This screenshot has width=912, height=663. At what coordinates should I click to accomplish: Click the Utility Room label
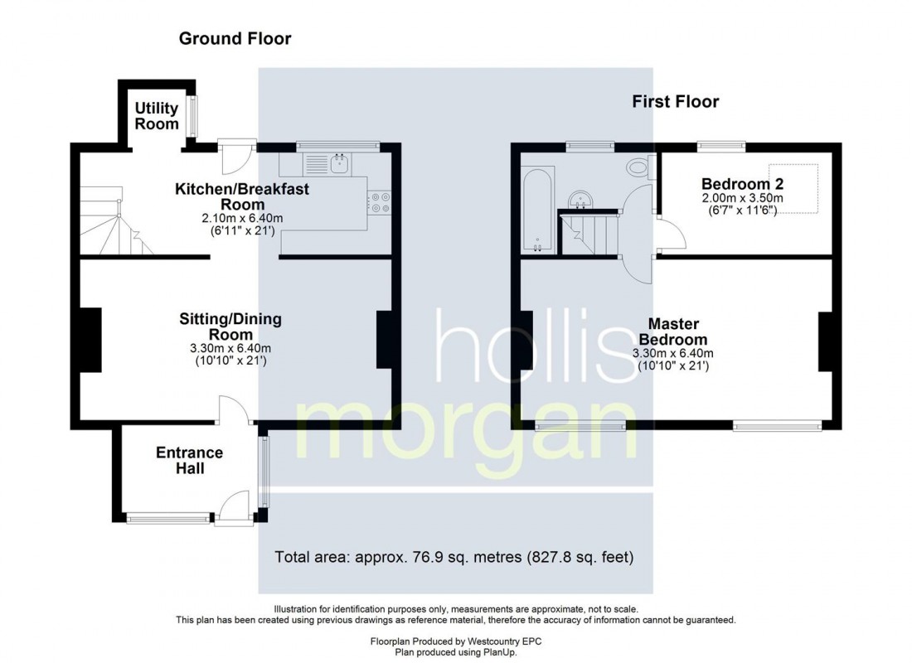[157, 116]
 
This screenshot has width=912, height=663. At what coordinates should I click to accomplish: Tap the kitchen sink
[339, 163]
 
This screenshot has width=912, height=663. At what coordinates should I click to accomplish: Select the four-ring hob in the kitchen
[381, 202]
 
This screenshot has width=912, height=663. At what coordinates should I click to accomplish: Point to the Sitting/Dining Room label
[230, 326]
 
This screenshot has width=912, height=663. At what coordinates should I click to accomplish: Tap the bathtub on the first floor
[538, 211]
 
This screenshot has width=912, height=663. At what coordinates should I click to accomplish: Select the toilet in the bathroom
[639, 168]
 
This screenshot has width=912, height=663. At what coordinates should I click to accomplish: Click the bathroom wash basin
[580, 199]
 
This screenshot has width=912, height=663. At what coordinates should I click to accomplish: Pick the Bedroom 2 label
[742, 184]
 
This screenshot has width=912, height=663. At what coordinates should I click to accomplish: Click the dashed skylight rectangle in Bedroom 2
[793, 188]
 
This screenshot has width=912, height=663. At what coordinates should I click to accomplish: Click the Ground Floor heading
[235, 39]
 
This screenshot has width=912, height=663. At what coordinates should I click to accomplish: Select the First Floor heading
[675, 102]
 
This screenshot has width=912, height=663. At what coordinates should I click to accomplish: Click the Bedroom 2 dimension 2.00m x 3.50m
[742, 198]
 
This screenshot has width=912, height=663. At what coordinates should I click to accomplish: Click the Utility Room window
[192, 117]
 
